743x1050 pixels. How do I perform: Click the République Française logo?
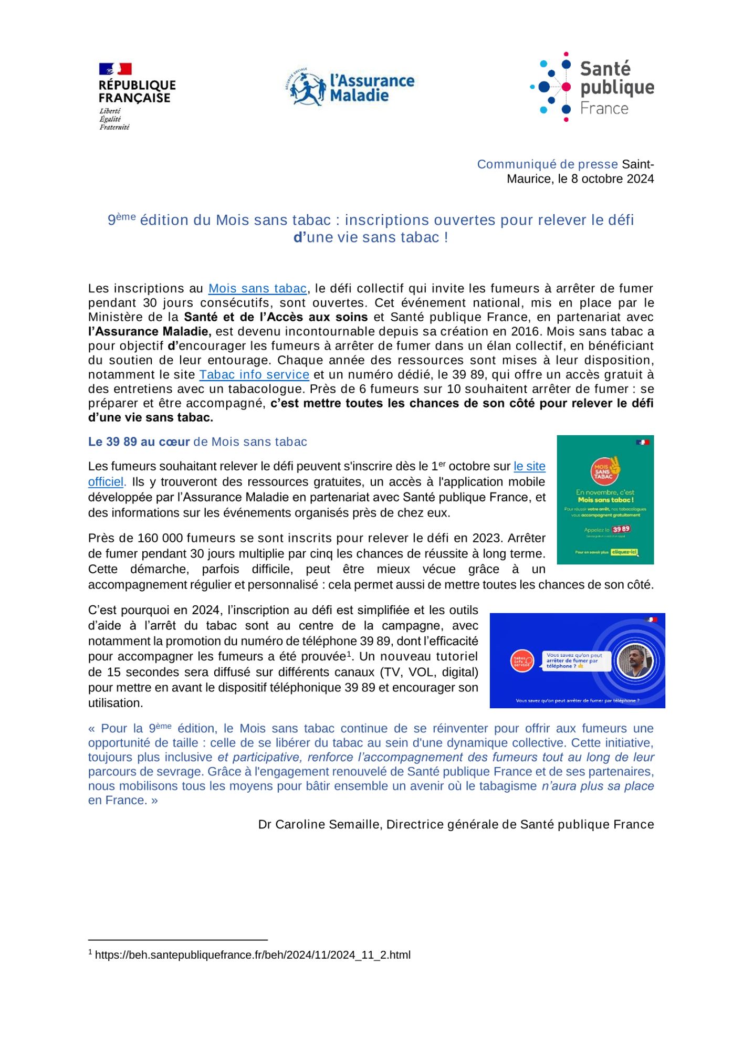[x=137, y=97]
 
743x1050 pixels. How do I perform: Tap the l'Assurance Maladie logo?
[x=353, y=87]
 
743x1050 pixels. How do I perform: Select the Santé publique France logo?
[x=592, y=87]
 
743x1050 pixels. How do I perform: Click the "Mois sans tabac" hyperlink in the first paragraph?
[x=257, y=289]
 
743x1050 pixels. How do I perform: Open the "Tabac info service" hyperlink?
[x=254, y=375]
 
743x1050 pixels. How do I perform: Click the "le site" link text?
[x=529, y=466]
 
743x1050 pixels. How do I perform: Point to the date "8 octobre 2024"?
[x=612, y=179]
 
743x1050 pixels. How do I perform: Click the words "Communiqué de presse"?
[x=548, y=164]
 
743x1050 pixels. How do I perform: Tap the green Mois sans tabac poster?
[x=605, y=500]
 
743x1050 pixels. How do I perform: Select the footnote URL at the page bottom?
[x=253, y=955]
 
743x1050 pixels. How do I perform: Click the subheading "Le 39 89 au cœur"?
[x=139, y=442]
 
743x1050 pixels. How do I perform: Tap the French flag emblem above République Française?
[x=115, y=69]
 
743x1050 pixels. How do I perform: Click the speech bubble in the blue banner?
[x=575, y=660]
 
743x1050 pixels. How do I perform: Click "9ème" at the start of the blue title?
[x=121, y=219]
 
